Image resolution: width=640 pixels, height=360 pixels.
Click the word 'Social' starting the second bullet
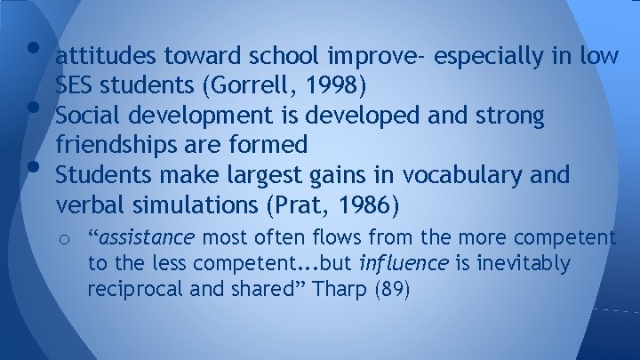point(86,116)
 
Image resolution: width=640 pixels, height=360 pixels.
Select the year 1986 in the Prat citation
point(366,204)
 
